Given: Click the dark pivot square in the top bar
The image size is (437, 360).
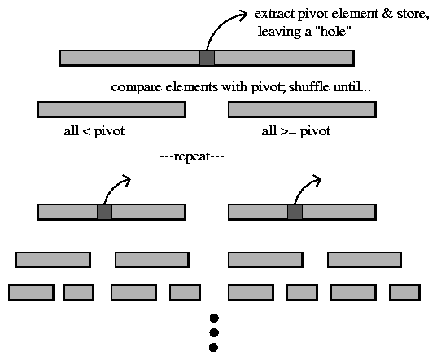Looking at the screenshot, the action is click(207, 58).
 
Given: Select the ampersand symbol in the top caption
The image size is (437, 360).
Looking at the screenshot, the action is click(387, 14).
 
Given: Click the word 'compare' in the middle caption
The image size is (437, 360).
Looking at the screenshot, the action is click(136, 88).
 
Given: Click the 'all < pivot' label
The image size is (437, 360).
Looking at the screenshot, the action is click(94, 131).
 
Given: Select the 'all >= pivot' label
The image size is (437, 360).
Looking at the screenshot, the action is click(296, 131).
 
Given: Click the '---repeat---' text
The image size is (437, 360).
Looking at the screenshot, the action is click(192, 156).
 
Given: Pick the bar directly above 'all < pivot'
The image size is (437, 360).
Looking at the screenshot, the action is click(111, 109).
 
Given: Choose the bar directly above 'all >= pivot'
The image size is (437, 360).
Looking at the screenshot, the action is click(302, 109).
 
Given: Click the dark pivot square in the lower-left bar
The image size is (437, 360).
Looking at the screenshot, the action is click(104, 212).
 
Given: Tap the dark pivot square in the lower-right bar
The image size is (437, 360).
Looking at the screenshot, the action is click(295, 212).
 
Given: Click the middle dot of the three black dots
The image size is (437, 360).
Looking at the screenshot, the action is click(214, 332).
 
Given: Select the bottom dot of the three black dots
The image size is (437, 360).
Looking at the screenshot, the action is click(213, 348).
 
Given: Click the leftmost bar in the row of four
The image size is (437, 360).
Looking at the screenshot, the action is click(53, 260).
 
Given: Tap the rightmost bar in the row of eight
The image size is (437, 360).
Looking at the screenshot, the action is click(404, 292).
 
